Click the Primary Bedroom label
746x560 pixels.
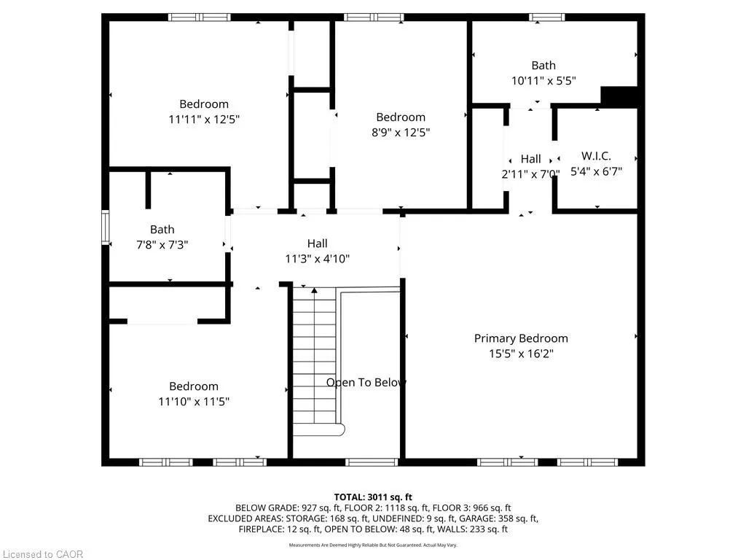(521, 338)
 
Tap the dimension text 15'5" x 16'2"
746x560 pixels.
(521, 354)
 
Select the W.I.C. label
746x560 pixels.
(596, 156)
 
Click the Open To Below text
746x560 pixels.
(366, 383)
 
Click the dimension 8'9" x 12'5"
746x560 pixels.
(400, 132)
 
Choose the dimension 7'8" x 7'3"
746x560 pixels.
(162, 245)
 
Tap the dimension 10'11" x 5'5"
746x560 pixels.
(543, 81)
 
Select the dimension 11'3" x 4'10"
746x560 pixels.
(317, 258)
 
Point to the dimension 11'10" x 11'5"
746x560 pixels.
(194, 401)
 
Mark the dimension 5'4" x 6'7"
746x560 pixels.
(596, 171)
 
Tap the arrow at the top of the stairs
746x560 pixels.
(315, 291)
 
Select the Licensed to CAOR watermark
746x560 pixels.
(42, 554)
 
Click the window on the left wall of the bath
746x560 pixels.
(105, 227)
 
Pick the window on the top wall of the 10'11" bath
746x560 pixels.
(546, 17)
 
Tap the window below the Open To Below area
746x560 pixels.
(371, 462)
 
